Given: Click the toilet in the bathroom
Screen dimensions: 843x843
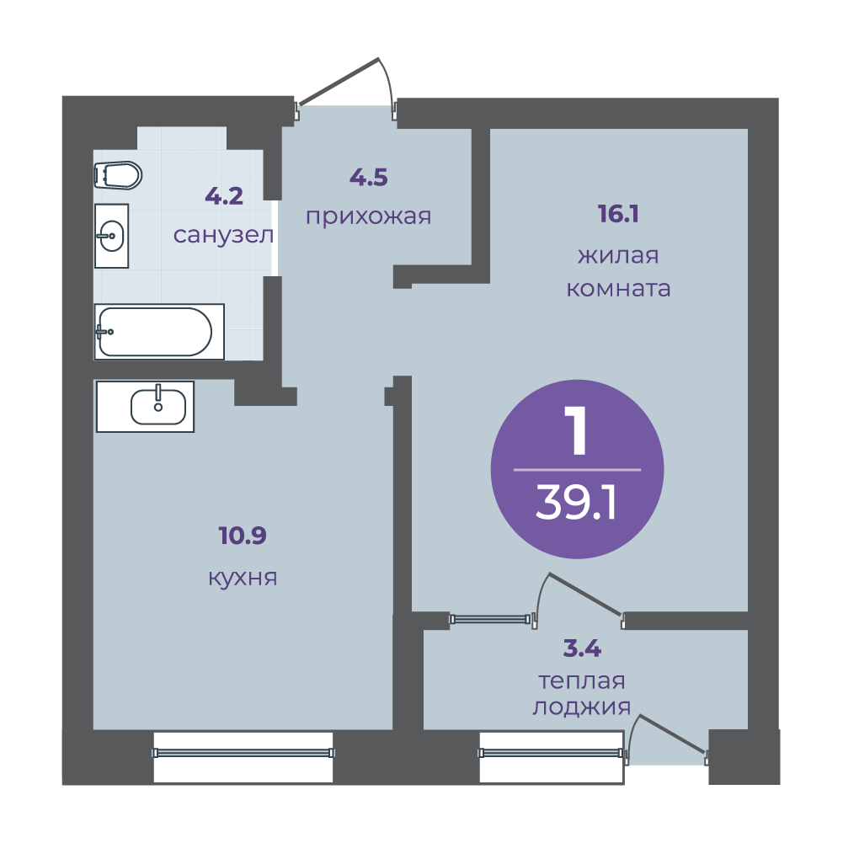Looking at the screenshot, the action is pos(118,175).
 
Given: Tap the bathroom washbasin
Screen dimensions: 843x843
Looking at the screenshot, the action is pos(111,236).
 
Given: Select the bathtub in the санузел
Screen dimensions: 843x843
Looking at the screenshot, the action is pos(159,332).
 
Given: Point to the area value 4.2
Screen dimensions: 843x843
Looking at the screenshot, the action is pos(224,196).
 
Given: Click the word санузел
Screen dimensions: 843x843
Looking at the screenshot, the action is pos(224,235).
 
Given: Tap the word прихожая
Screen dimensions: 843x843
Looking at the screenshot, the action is pos(369,216).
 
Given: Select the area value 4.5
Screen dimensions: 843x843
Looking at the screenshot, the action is pos(369,178).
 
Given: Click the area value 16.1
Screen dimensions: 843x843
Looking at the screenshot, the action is pos(618,214).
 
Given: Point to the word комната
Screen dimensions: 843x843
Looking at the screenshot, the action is pos(619,289).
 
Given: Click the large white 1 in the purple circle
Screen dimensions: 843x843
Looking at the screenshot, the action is pos(578,430).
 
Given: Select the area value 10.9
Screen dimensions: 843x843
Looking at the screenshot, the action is pos(243,536).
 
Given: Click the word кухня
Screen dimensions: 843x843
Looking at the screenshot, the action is pos(243,578).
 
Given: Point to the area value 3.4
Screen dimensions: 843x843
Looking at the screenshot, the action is pos(582,649).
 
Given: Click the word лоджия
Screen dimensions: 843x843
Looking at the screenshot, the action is pos(582,707).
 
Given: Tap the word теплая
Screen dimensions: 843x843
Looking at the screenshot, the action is pos(582,681).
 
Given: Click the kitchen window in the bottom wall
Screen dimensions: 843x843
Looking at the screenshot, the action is pos(243,753).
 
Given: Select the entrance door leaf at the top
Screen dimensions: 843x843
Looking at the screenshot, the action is pos(339,81).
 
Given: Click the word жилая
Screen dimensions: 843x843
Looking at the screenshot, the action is pos(618,255).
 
